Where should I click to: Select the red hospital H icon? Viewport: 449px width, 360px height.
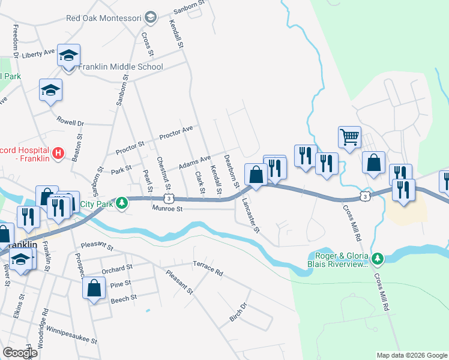pos(58,153)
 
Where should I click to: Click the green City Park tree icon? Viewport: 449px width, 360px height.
pos(122,203)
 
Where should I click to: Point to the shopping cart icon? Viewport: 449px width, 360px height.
pos(349,137)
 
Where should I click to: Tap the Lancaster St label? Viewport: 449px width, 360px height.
pos(250,214)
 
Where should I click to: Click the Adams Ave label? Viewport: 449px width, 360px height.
pos(195,161)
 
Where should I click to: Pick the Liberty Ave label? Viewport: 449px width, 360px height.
pos(38,54)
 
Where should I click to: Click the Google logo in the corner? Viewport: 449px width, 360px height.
pos(20,353)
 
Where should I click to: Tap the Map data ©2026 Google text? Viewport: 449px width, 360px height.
pos(411,355)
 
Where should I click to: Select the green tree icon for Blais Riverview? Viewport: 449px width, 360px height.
pos(377,259)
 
